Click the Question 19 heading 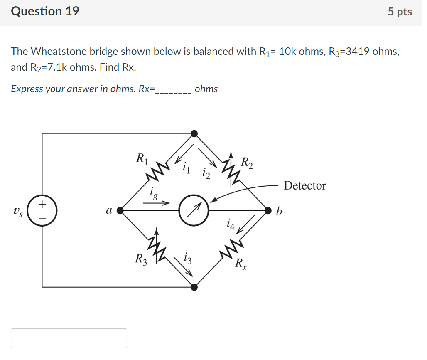pyautogui.click(x=45, y=11)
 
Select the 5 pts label pyautogui.click(x=400, y=12)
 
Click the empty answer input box pyautogui.click(x=69, y=338)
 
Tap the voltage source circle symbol pyautogui.click(x=42, y=211)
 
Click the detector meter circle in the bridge pyautogui.click(x=194, y=211)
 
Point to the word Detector pyautogui.click(x=305, y=186)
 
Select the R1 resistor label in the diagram pyautogui.click(x=142, y=158)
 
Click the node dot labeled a pyautogui.click(x=120, y=211)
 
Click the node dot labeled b pyautogui.click(x=268, y=211)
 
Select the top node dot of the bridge pyautogui.click(x=194, y=133)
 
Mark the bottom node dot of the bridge pyautogui.click(x=194, y=286)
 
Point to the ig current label pyautogui.click(x=153, y=193)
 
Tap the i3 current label pyautogui.click(x=188, y=259)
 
